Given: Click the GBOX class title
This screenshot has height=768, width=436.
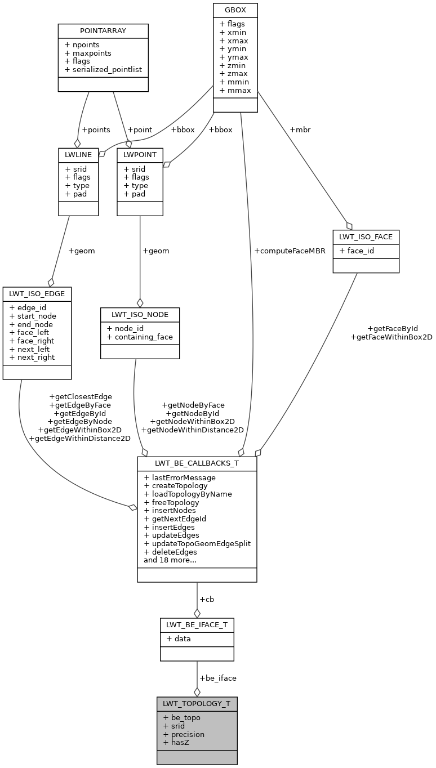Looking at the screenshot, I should (x=235, y=10).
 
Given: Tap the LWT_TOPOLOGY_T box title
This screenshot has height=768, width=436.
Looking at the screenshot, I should (x=197, y=703).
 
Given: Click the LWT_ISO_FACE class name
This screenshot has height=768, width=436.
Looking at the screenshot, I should (x=366, y=236).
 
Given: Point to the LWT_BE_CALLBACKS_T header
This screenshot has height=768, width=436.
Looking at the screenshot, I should (x=197, y=463).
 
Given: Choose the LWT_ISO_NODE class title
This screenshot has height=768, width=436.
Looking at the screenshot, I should (x=140, y=314).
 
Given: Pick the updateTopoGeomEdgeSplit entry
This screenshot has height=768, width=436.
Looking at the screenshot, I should (x=197, y=543).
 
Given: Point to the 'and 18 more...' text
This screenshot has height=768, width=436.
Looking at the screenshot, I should (x=170, y=560).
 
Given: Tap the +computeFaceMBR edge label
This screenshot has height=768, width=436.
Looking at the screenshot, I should (x=290, y=251).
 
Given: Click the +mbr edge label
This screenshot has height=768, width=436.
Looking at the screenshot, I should (x=299, y=130).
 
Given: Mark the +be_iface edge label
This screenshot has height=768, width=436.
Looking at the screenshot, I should (x=218, y=678).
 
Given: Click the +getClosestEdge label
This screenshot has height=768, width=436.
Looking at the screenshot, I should (x=80, y=396).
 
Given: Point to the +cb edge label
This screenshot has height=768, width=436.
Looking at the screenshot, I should (x=207, y=599).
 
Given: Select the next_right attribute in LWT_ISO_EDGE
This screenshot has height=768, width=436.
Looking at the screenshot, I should (x=32, y=357).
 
